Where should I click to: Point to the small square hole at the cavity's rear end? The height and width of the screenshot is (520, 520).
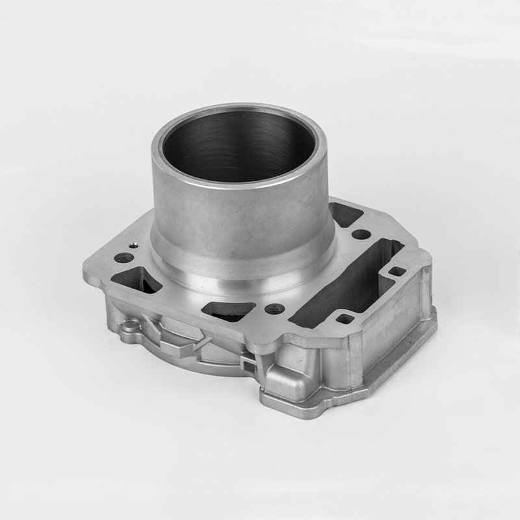pos(396,271)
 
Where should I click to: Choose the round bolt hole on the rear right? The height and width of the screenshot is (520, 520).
pos(361,234)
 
